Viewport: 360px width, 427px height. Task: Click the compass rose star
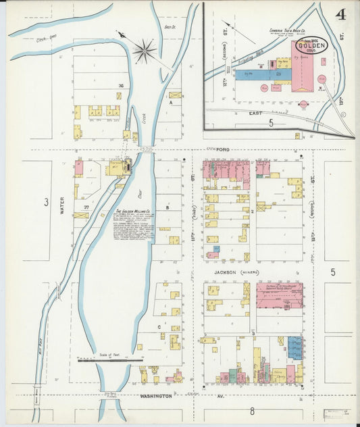[145, 49]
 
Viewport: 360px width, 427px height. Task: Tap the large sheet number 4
[342, 14]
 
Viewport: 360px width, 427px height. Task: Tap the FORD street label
[224, 149]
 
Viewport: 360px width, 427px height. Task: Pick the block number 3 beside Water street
[46, 201]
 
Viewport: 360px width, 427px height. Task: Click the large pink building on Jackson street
[279, 295]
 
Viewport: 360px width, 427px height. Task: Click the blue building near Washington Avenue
[294, 347]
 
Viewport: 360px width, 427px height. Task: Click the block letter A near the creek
[172, 103]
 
